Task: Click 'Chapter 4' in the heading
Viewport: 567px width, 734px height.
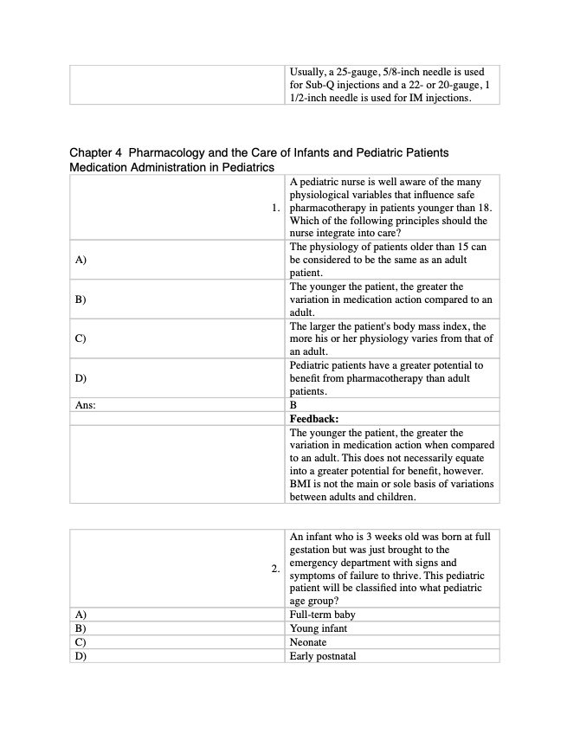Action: coord(95,153)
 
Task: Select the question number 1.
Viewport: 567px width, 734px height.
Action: coord(274,209)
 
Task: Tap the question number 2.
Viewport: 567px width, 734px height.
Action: coord(274,569)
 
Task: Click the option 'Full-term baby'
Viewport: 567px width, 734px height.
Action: coord(323,615)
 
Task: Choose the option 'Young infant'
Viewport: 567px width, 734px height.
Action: coord(318,628)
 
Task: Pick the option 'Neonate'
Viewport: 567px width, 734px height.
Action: coord(308,642)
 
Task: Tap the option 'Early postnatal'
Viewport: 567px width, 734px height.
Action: coord(323,656)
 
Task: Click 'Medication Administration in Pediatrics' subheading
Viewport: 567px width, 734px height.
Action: coord(171,167)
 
